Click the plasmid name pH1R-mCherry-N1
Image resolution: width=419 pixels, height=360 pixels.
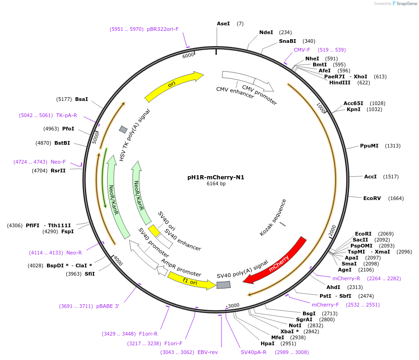pos(216,177)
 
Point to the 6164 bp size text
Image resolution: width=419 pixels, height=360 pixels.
pos(216,183)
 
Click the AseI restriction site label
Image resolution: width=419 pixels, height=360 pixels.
pos(223,24)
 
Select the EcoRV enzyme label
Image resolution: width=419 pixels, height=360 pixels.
pos(372,198)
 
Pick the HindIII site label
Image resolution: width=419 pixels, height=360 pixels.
pos(340,83)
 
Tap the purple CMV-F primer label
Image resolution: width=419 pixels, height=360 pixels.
pos(302,50)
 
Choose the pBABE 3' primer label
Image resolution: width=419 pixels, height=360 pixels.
pos(108,306)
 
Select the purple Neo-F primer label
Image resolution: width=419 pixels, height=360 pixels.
pos(58,162)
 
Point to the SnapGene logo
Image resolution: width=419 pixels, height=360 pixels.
pos(405,4)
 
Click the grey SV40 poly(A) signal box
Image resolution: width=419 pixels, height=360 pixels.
pos(223,285)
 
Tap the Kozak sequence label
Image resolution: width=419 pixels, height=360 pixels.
pos(273,218)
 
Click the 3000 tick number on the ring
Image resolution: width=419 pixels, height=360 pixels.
pos(234,305)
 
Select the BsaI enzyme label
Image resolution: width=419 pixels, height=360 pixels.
pos(81,99)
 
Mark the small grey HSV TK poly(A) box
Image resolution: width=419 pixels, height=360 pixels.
pos(123,129)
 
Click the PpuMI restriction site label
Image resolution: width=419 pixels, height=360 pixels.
pos(369,146)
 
